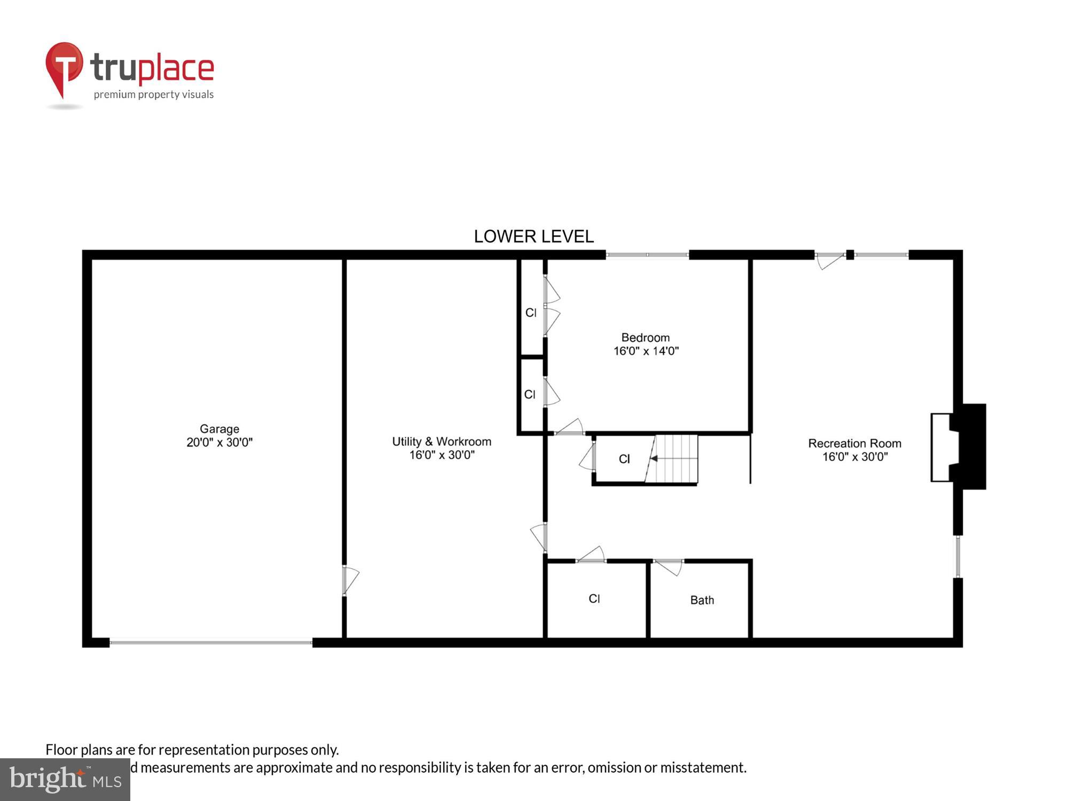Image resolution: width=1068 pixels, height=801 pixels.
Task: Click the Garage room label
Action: point(219,429)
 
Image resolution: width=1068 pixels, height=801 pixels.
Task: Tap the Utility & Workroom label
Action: point(442,442)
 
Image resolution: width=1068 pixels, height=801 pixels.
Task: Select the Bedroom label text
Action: point(645,337)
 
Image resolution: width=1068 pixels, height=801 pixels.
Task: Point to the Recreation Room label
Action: point(854,443)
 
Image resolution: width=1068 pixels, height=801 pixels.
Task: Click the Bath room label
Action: point(702,600)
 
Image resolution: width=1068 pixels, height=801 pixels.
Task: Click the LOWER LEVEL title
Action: point(533,237)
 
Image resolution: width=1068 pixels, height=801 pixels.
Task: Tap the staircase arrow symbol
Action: point(654,458)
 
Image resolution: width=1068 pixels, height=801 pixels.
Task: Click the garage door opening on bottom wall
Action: point(211,642)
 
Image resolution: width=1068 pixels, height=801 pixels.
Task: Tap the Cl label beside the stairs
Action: point(624,459)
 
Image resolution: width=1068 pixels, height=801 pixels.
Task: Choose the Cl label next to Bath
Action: point(594,599)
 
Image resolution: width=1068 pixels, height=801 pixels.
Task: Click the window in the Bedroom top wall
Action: point(647,255)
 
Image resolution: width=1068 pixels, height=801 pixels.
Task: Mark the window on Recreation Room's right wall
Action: point(958,556)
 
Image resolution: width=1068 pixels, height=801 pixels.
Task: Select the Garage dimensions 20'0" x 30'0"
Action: point(219,443)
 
